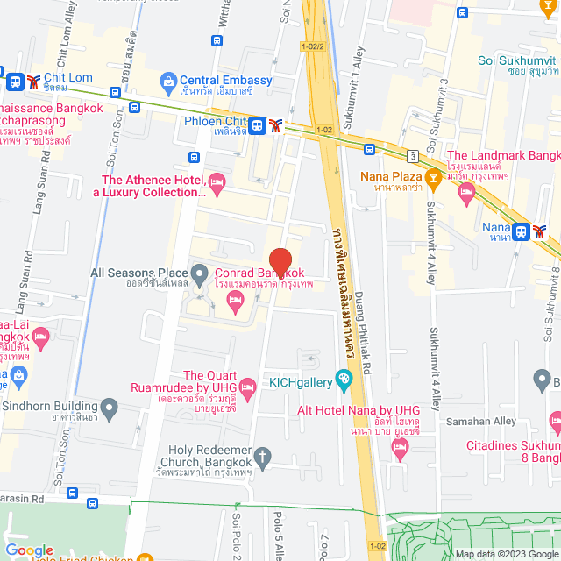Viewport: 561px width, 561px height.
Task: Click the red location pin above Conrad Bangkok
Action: coord(280,262)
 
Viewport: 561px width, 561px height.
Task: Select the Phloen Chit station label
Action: coord(215,123)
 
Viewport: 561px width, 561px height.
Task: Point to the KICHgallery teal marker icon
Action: coord(344,379)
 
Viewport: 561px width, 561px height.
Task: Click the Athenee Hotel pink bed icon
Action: coord(217,183)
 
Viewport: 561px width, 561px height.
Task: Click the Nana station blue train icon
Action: coord(522,231)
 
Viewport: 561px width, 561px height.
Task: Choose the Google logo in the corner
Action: coord(29,550)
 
